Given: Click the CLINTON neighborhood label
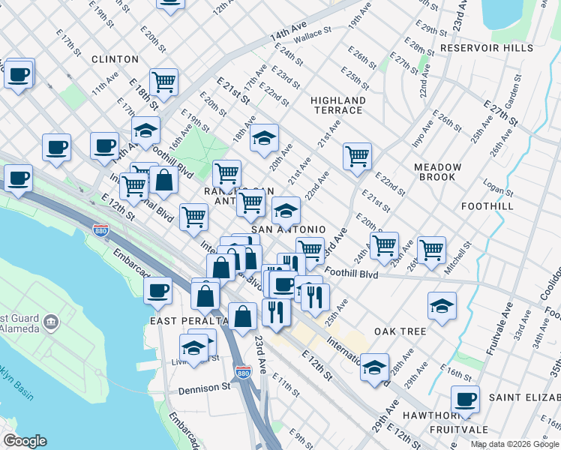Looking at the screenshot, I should [115, 59].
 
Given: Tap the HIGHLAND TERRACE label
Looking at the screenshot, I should [338, 105].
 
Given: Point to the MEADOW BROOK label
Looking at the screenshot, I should [437, 172].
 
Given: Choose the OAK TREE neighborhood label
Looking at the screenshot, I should [400, 331].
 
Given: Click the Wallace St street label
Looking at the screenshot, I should [312, 34].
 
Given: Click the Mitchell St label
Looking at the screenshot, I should [457, 255].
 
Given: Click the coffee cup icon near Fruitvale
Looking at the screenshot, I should [465, 399].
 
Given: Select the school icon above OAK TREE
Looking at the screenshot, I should [442, 304].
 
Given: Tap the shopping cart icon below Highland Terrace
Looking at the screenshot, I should [358, 156].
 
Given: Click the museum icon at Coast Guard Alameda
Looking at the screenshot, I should [51, 323].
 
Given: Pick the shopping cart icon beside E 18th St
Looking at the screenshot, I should [163, 82].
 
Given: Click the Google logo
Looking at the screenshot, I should [25, 441].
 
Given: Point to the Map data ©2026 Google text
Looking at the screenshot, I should [514, 444].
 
